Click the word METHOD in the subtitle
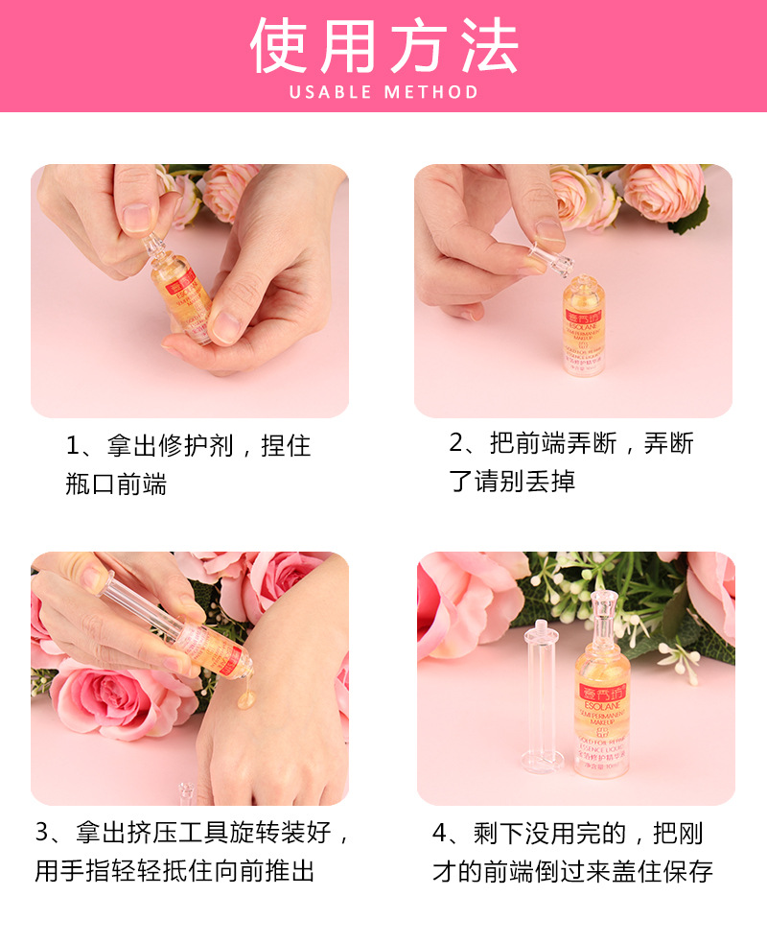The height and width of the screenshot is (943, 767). tap(431, 93)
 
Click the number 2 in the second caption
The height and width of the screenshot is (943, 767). tap(457, 443)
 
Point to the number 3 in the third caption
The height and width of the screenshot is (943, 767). tap(42, 832)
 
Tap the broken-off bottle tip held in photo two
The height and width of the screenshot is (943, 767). tap(543, 252)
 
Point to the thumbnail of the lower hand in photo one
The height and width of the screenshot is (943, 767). tap(226, 325)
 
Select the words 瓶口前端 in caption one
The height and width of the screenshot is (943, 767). tap(116, 484)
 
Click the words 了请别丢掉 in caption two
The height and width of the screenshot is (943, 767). tap(512, 481)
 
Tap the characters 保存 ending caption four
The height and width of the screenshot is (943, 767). tap(688, 871)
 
